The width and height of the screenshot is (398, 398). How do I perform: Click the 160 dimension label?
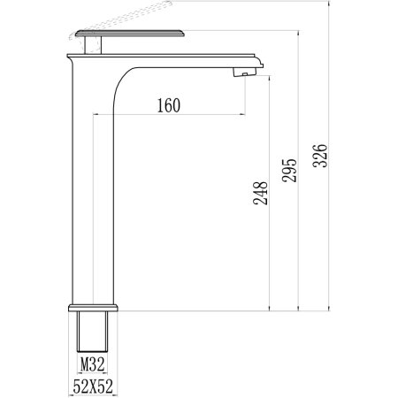point(167,105)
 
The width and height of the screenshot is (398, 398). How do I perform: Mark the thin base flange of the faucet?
point(93,307)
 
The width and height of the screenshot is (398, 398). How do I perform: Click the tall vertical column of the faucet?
point(93,195)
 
